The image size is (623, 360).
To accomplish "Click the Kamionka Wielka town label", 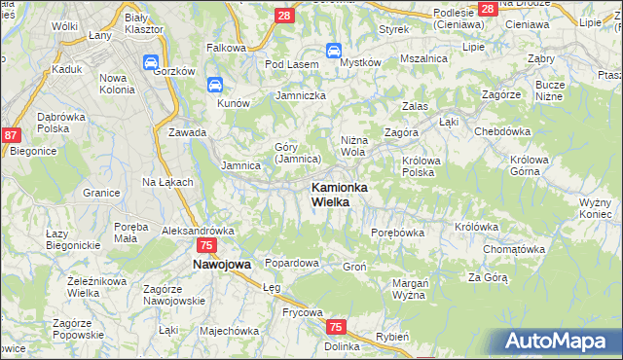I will point(338,194).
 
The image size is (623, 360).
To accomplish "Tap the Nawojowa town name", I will point(221,264).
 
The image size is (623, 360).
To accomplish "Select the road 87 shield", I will point(11,137).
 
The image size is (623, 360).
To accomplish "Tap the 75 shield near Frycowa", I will point(336,328).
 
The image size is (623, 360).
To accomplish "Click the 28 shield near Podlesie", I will point(488,9).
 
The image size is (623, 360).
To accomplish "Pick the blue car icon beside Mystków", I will point(333,51).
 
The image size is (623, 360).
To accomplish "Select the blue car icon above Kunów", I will point(215,86).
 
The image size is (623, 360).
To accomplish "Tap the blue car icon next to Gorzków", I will point(152,63).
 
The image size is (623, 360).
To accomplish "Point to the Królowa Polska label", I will point(423,166).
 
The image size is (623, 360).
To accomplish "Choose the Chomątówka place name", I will point(511,249).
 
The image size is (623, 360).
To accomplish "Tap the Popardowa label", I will point(292,263).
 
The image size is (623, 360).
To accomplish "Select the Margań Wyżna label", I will point(410,288).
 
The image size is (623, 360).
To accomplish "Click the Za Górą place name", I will point(488,277).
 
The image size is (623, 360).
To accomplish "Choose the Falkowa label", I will point(225,47).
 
